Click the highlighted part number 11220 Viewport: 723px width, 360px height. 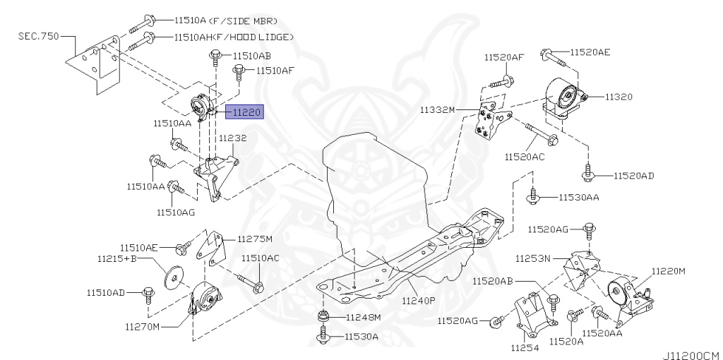pyautogui.click(x=244, y=111)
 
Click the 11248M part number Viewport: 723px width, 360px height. pyautogui.click(x=362, y=317)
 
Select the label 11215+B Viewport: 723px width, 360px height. pyautogui.click(x=116, y=260)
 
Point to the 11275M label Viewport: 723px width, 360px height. pyautogui.click(x=254, y=239)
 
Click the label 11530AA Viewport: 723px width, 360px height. pyautogui.click(x=578, y=197)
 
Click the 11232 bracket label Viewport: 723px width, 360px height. pyautogui.click(x=232, y=138)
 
